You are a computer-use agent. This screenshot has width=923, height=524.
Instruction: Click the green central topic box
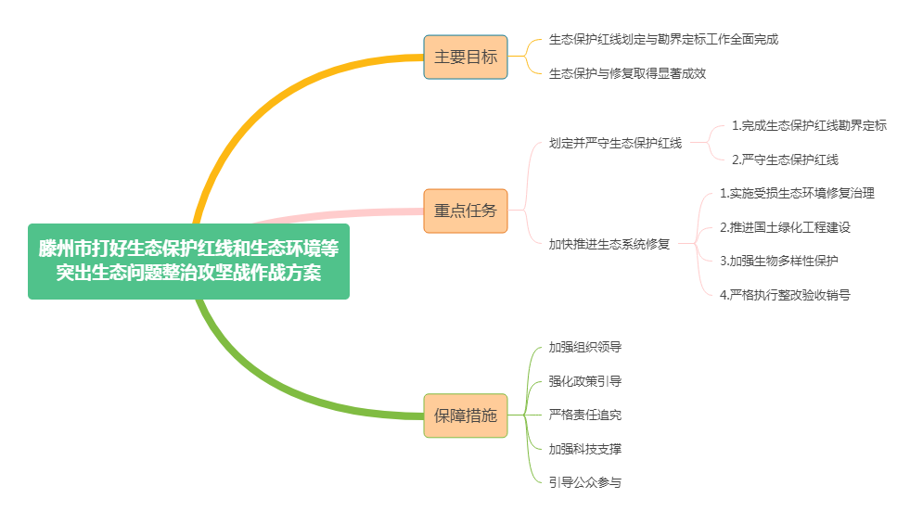pos(188,262)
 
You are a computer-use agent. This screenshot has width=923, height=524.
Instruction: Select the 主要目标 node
pos(466,57)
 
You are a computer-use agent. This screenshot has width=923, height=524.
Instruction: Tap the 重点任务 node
pos(466,211)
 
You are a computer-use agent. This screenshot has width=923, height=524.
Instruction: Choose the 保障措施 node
pos(466,415)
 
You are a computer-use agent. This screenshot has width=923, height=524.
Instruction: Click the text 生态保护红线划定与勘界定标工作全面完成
pos(663,40)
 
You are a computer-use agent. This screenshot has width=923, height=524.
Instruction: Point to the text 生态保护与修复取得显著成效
pos(627,73)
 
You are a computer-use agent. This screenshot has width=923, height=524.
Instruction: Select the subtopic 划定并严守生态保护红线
pos(615,143)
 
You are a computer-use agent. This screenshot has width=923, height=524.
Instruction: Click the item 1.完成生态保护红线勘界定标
pos(809,125)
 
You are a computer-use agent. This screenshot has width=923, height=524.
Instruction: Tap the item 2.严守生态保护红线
pos(785,160)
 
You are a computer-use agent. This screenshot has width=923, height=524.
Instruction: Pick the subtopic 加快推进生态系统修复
pos(609,244)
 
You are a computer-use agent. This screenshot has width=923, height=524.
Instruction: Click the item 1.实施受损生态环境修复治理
pos(797,194)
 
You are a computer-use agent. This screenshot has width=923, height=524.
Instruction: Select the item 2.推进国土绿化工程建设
pos(785,227)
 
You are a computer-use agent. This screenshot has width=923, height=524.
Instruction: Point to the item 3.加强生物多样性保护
pos(779,261)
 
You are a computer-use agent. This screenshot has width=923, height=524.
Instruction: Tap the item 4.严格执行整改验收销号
pos(785,295)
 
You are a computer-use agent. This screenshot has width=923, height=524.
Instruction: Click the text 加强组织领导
pos(584,347)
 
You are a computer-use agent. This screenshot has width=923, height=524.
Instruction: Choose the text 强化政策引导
pos(584,381)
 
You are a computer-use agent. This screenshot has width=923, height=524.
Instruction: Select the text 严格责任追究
pos(584,415)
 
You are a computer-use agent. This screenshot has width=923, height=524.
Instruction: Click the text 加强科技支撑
pos(584,449)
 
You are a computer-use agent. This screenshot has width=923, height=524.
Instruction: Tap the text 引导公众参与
pos(584,482)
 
